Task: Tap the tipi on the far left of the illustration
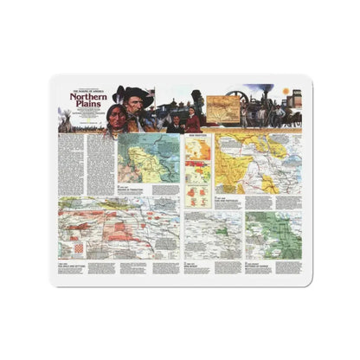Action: (65, 122)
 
